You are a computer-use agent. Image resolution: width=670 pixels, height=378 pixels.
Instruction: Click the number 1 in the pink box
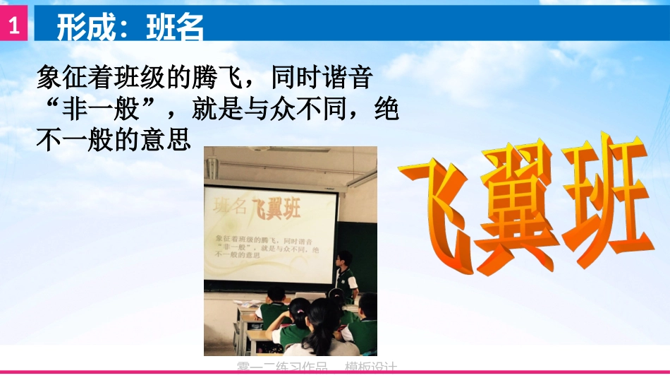coord(13,27)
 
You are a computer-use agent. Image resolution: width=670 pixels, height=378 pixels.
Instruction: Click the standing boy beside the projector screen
coord(345,275)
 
